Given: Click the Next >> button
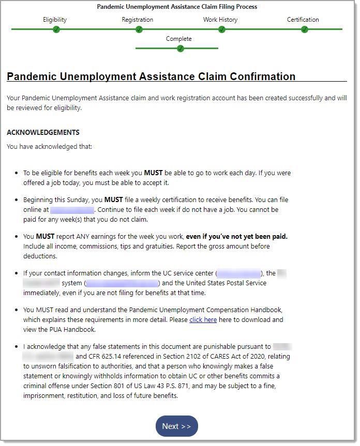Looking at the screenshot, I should tap(176, 426).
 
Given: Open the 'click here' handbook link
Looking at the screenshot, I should tap(203, 319).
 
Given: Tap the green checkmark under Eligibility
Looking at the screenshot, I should tap(56, 29).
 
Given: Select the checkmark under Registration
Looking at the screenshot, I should tap(139, 29).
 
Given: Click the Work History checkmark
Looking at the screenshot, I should tap(221, 29).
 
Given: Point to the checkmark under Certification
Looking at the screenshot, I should tap(304, 29).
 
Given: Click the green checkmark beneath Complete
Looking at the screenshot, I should tap(180, 49).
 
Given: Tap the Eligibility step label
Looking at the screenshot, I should tap(55, 20).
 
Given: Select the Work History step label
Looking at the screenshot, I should tap(220, 20).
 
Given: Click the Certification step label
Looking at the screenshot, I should tap(303, 20).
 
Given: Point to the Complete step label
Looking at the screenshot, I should tap(178, 39).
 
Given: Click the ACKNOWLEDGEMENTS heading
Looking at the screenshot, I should tap(43, 132).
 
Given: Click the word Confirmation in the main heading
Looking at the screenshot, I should tap(259, 76).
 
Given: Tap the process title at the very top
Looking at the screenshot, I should tap(177, 7).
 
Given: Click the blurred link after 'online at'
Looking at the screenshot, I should tap(72, 210).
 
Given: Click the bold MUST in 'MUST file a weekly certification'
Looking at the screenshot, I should tap(114, 199).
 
